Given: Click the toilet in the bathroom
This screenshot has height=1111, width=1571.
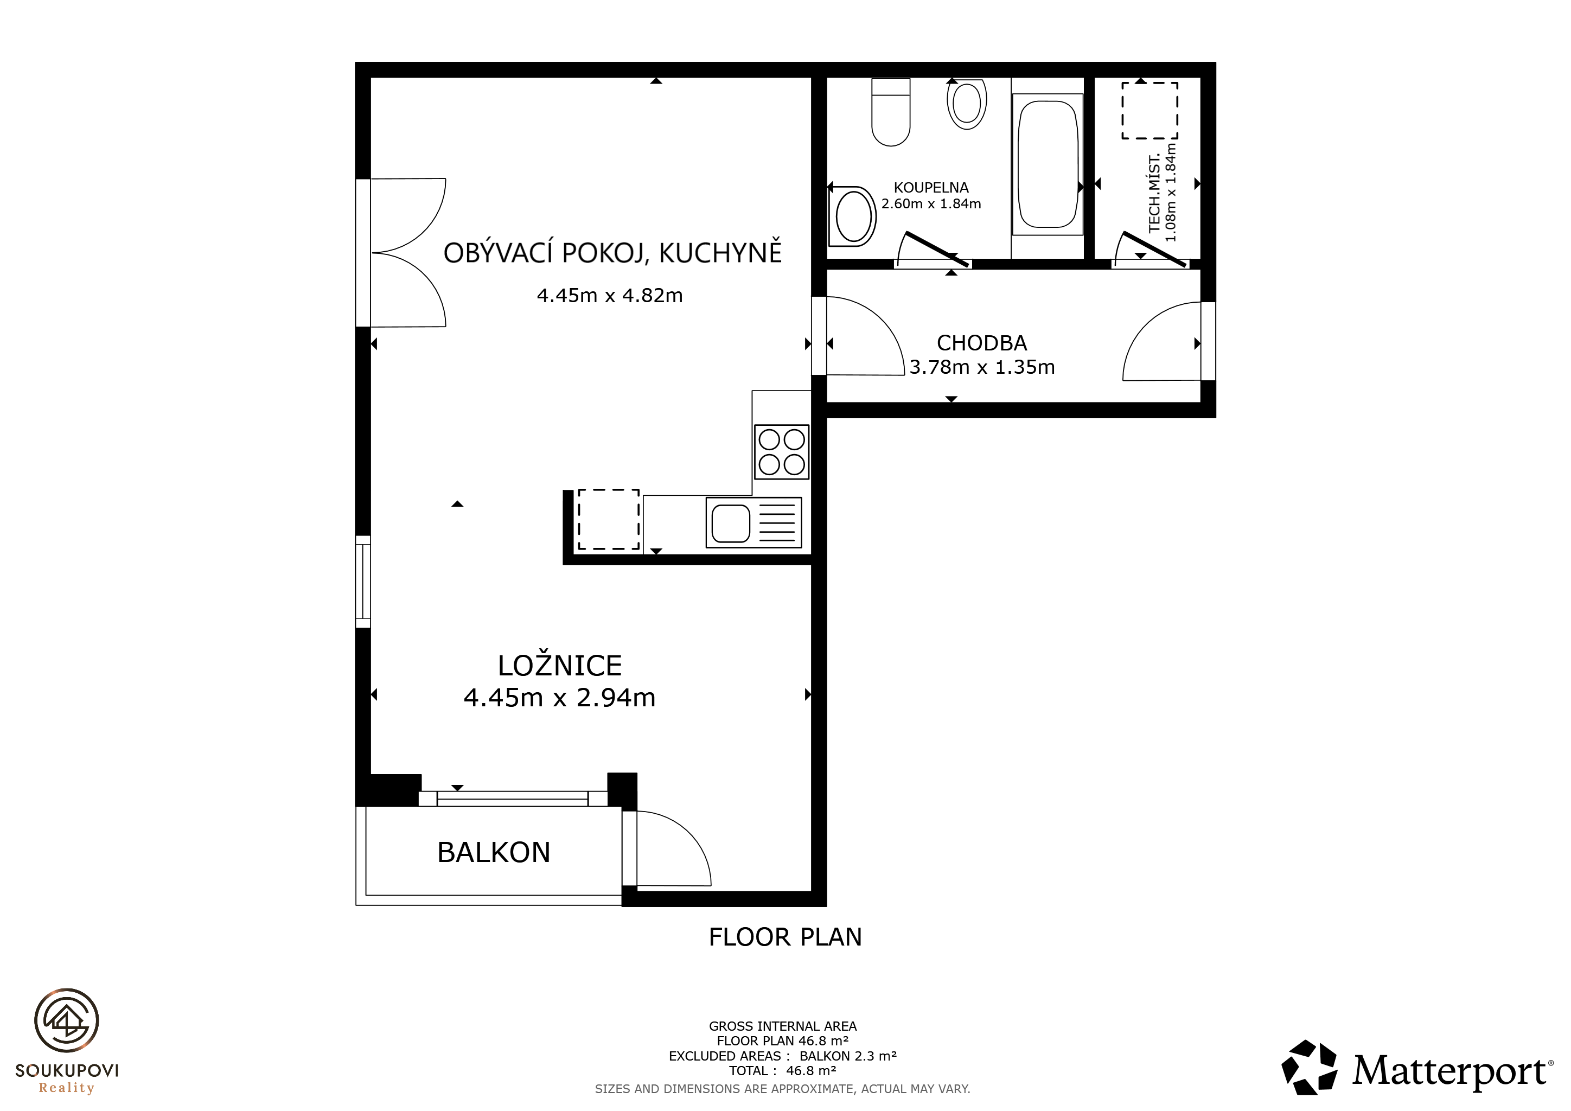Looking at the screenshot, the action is coord(890,112).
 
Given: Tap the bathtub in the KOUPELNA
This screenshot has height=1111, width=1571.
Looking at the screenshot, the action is coord(1048,164).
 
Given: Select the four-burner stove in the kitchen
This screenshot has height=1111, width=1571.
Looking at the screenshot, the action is coord(781,451).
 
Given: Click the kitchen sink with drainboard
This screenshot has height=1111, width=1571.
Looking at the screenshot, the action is coord(753,522).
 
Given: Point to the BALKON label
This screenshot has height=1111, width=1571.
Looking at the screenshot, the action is coord(493,852).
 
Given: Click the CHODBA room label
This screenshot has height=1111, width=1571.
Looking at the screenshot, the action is coord(982,343).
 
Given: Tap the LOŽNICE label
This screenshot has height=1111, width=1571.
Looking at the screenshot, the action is coord(560,666).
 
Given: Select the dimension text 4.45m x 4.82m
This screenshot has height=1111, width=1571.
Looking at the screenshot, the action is coord(610,296).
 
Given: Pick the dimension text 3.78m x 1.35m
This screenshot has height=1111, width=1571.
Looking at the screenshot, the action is coord(982,367).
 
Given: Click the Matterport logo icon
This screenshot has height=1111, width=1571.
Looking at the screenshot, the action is coord(1309,1067).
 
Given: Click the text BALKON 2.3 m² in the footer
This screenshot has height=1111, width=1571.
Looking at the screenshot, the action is coord(848,1056).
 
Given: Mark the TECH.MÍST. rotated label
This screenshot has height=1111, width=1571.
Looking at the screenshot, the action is coord(1154,194).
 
